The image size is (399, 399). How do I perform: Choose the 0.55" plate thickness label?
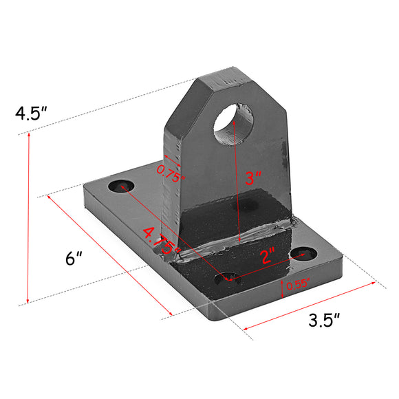pyautogui.click(x=298, y=283)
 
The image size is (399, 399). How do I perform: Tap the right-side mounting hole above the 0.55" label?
pyautogui.click(x=301, y=255)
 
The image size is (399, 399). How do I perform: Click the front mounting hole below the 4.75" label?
pyautogui.click(x=228, y=279)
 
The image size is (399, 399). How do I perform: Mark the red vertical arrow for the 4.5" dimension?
pyautogui.click(x=28, y=217)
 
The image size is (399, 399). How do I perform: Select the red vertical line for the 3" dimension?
pyautogui.click(x=238, y=179)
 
